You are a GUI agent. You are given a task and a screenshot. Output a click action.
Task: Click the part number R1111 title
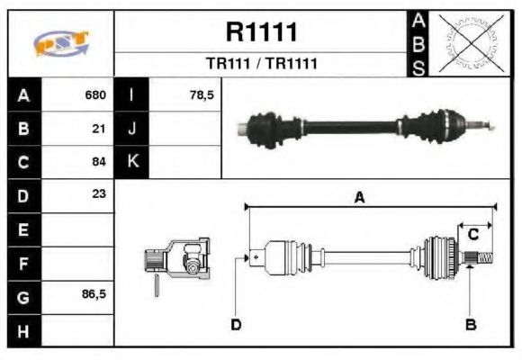(261, 33)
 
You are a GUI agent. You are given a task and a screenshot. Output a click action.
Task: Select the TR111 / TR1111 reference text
(261, 64)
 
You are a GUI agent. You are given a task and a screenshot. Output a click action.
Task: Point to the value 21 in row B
(100, 129)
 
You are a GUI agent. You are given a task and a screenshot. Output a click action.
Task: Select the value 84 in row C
(100, 162)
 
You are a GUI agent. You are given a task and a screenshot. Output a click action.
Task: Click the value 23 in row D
(99, 194)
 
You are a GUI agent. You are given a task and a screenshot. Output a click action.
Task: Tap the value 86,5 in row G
(94, 294)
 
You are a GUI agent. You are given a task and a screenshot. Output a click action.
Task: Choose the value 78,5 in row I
(202, 95)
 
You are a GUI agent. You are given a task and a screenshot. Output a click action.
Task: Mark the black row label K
(132, 162)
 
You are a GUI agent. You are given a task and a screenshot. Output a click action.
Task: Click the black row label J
(132, 129)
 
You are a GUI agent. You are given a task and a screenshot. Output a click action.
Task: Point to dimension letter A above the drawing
(359, 198)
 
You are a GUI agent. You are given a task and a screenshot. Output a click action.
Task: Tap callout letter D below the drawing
(236, 324)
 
